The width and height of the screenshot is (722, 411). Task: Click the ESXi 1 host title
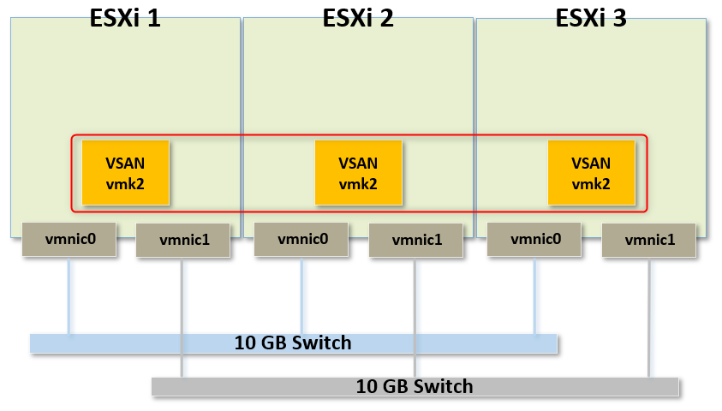point(125,18)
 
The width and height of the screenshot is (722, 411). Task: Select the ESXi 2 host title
point(358,18)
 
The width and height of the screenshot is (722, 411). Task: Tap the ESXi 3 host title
point(591,18)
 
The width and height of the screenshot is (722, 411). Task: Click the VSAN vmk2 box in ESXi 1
point(125,173)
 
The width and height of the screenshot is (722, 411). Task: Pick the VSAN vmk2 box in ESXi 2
point(358,173)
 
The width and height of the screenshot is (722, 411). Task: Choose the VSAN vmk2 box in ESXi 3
point(591,173)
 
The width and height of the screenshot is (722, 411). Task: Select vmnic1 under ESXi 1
point(183,241)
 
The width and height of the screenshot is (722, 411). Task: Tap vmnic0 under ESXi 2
point(301,239)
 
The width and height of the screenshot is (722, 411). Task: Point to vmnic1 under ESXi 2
point(416,241)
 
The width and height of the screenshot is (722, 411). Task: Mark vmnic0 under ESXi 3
point(534,239)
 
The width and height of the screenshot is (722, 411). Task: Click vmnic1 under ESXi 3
point(649,241)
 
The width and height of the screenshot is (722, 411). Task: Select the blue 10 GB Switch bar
point(293,343)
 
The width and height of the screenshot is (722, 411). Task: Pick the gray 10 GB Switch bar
point(415,386)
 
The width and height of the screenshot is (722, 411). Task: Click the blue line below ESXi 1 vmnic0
point(69,295)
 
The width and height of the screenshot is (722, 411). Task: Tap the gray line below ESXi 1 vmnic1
point(182,317)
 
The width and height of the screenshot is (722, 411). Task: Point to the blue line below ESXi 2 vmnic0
point(302,295)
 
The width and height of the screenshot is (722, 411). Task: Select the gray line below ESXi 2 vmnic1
point(415,317)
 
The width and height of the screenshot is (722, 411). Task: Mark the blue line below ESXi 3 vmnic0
point(535,295)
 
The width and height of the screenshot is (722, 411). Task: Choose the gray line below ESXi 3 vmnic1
point(649,317)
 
